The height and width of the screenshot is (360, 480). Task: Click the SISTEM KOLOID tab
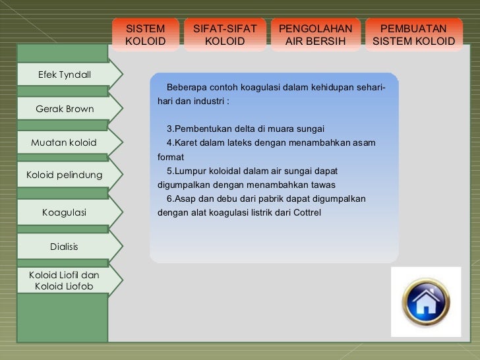pyautogui.click(x=146, y=35)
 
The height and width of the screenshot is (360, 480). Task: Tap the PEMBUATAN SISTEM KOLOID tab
pyautogui.click(x=413, y=35)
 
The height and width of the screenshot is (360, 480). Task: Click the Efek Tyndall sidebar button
pyautogui.click(x=64, y=74)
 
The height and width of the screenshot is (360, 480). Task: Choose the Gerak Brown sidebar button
pyautogui.click(x=64, y=109)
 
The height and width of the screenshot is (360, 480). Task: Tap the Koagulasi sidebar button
pyautogui.click(x=64, y=212)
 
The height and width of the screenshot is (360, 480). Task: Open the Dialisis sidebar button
pyautogui.click(x=64, y=247)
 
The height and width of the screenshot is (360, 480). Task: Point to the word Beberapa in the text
pyautogui.click(x=186, y=88)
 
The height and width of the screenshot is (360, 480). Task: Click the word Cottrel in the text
pyautogui.click(x=305, y=213)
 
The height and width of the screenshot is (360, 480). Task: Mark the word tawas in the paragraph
pyautogui.click(x=324, y=184)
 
